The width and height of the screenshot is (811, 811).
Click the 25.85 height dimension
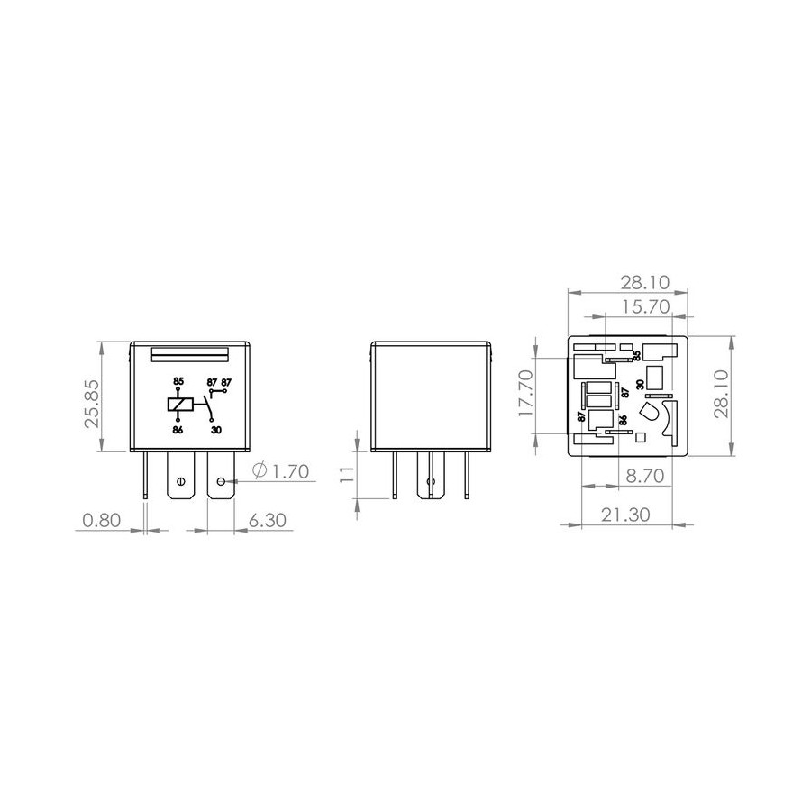92,397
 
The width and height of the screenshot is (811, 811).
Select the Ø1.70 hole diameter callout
281,471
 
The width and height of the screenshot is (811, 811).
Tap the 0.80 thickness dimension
101,520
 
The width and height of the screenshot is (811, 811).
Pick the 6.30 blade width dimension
268,520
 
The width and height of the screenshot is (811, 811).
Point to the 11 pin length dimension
347,474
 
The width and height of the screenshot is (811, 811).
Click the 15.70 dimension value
645,306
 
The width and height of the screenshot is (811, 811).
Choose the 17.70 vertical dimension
525,393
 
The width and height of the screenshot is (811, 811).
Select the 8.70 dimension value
645,476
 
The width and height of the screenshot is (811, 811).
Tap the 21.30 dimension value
625,515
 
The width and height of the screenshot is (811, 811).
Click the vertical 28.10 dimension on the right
721,394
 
